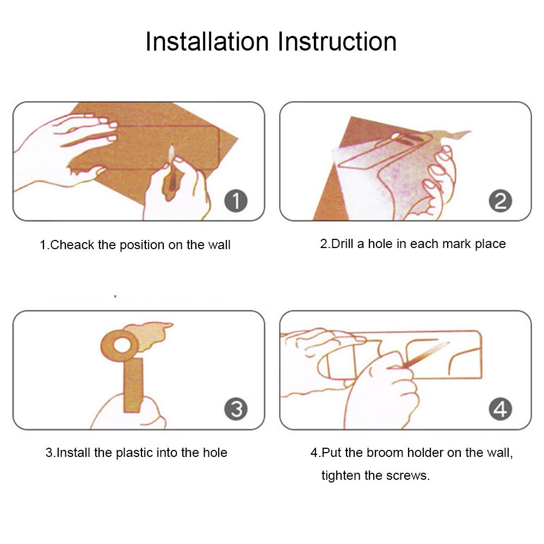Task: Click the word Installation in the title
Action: click(207, 42)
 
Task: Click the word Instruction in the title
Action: click(337, 42)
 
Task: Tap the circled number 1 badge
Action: click(236, 201)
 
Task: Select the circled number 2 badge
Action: click(500, 201)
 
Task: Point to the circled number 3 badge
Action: click(236, 409)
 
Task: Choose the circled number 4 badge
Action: click(500, 409)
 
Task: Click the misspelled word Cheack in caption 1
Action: click(72, 245)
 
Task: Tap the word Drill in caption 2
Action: click(342, 244)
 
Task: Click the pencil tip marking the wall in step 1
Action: click(172, 148)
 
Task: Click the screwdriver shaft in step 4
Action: click(426, 354)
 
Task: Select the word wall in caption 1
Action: click(219, 245)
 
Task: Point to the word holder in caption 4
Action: click(425, 453)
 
